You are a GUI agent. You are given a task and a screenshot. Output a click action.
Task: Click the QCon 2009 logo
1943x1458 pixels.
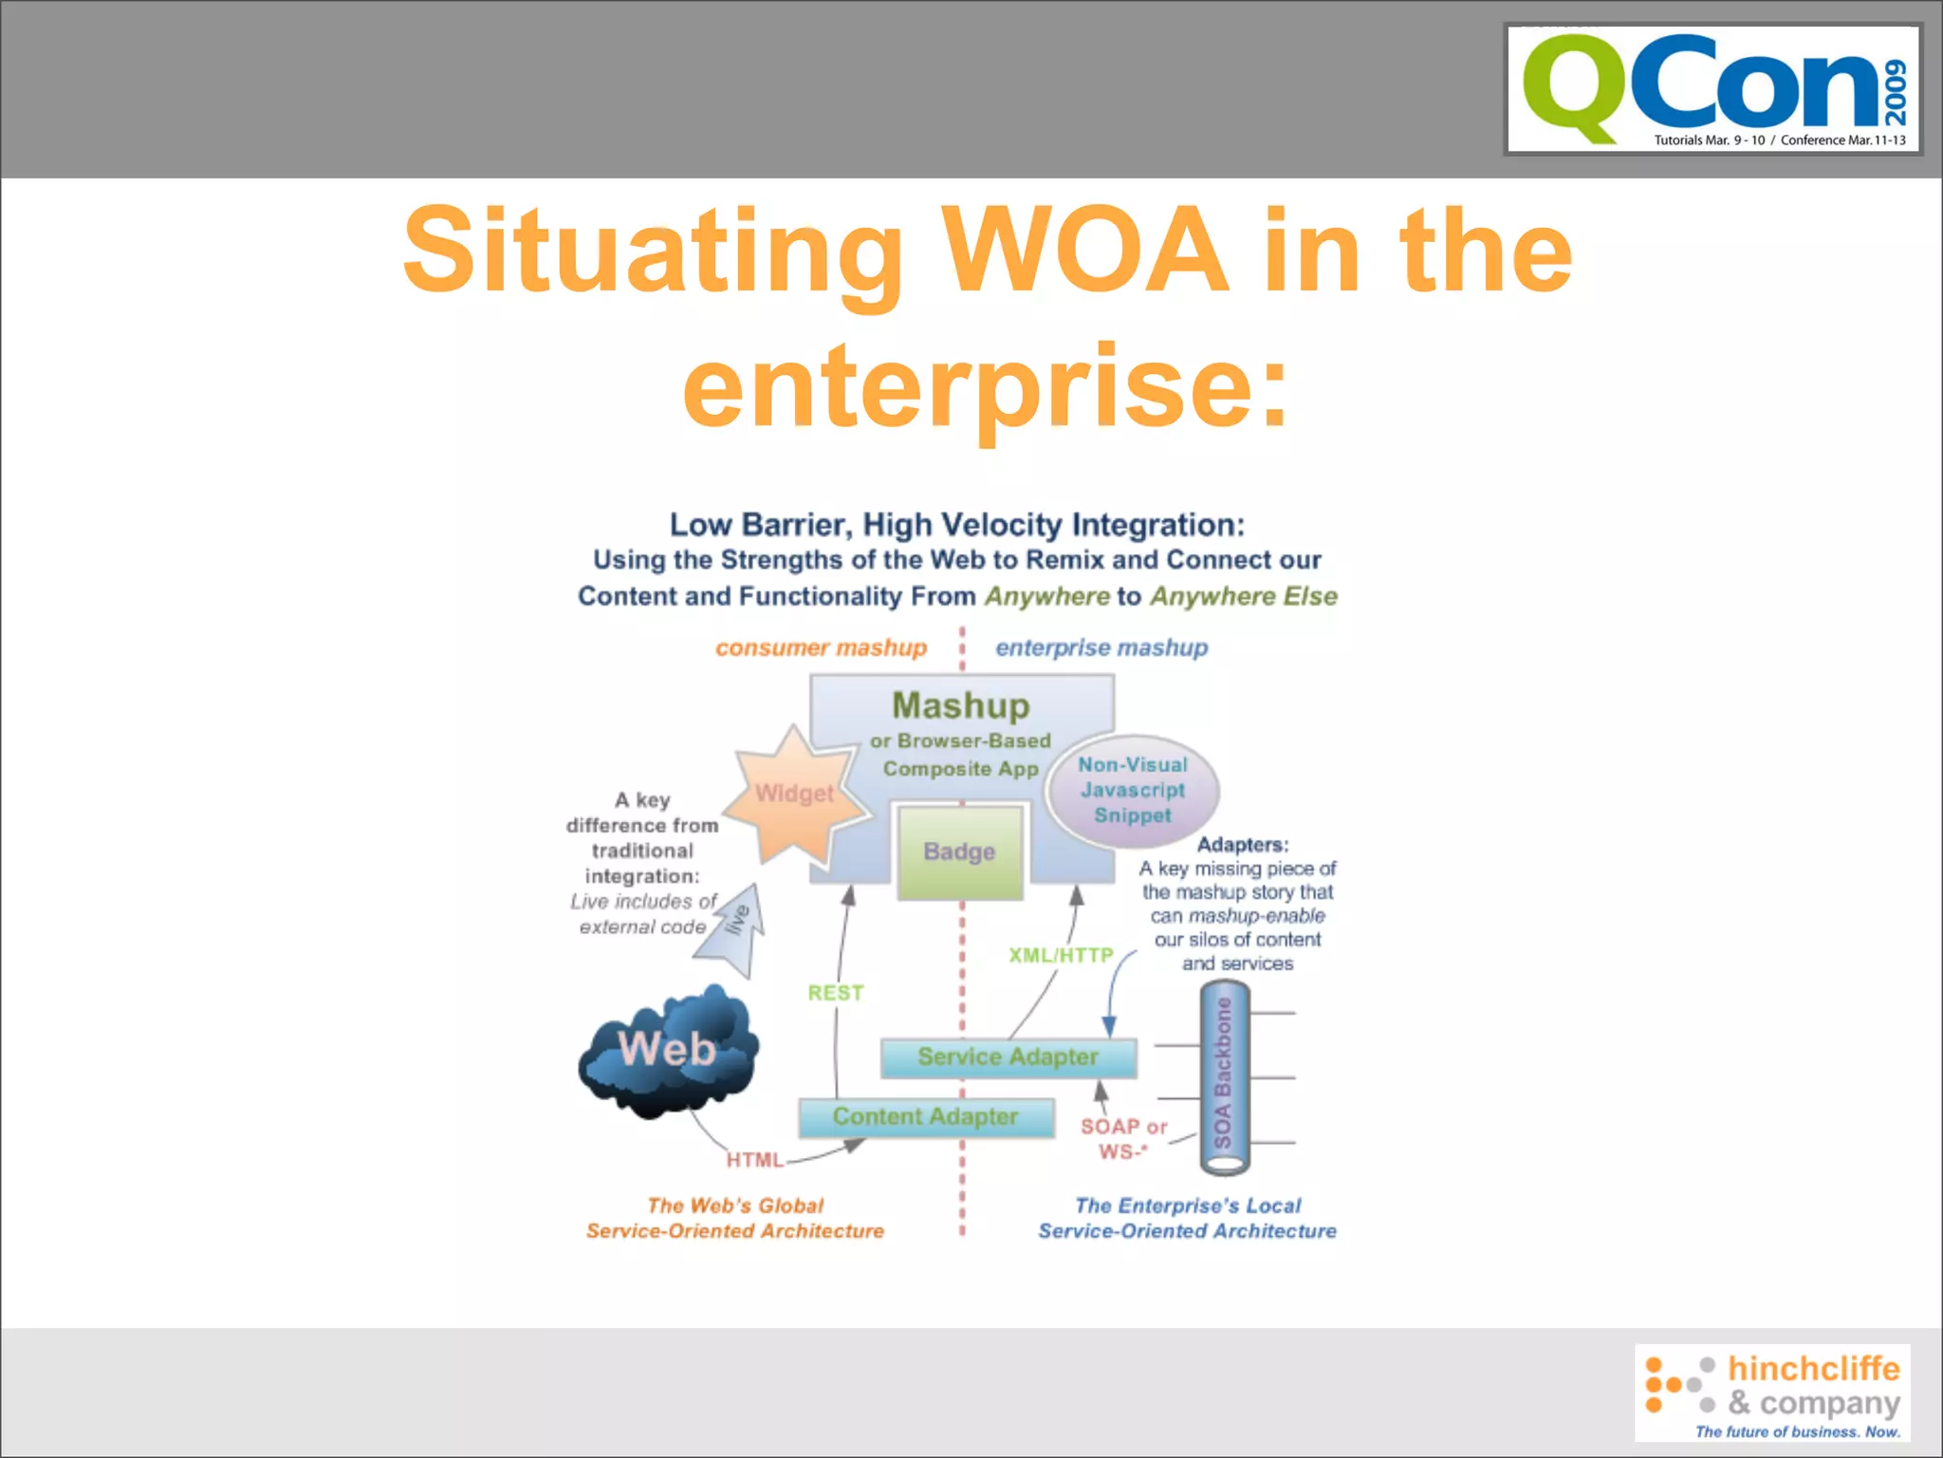[1712, 89]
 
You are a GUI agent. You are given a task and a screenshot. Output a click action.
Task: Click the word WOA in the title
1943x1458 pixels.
[1084, 251]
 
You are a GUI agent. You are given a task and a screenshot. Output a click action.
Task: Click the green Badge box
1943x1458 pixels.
[959, 851]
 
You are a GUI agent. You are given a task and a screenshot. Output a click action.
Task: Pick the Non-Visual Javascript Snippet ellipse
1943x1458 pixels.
[1132, 790]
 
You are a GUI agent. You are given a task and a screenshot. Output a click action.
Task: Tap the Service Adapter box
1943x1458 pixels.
[1008, 1057]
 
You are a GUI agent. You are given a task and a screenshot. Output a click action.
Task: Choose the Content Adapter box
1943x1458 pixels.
[925, 1117]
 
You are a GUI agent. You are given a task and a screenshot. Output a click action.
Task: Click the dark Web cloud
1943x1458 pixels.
[668, 1050]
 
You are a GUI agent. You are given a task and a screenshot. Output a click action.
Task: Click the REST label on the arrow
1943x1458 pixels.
[835, 993]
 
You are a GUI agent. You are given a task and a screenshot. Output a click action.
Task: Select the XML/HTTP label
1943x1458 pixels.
[1060, 955]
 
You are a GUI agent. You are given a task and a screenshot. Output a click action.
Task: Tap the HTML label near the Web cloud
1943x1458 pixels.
[754, 1160]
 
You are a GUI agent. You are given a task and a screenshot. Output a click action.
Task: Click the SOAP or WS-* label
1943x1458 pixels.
[1123, 1139]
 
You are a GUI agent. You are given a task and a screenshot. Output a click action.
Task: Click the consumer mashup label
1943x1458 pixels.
[821, 647]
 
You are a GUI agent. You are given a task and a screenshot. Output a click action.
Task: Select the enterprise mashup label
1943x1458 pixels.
[1101, 647]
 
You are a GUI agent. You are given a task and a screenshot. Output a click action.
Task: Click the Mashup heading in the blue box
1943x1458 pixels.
[960, 705]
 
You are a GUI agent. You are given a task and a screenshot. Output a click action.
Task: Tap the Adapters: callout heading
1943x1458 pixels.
[1242, 844]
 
